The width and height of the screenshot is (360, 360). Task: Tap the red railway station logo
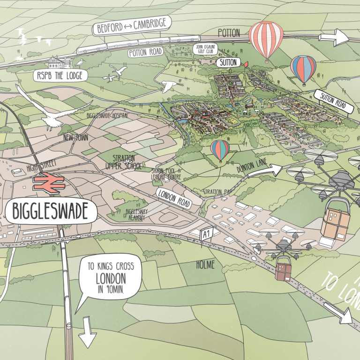click(x=47, y=181)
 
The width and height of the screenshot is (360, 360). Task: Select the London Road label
click(x=173, y=198)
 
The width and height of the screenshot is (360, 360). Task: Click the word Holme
click(x=205, y=265)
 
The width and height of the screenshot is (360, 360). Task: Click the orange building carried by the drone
click(x=335, y=222)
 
